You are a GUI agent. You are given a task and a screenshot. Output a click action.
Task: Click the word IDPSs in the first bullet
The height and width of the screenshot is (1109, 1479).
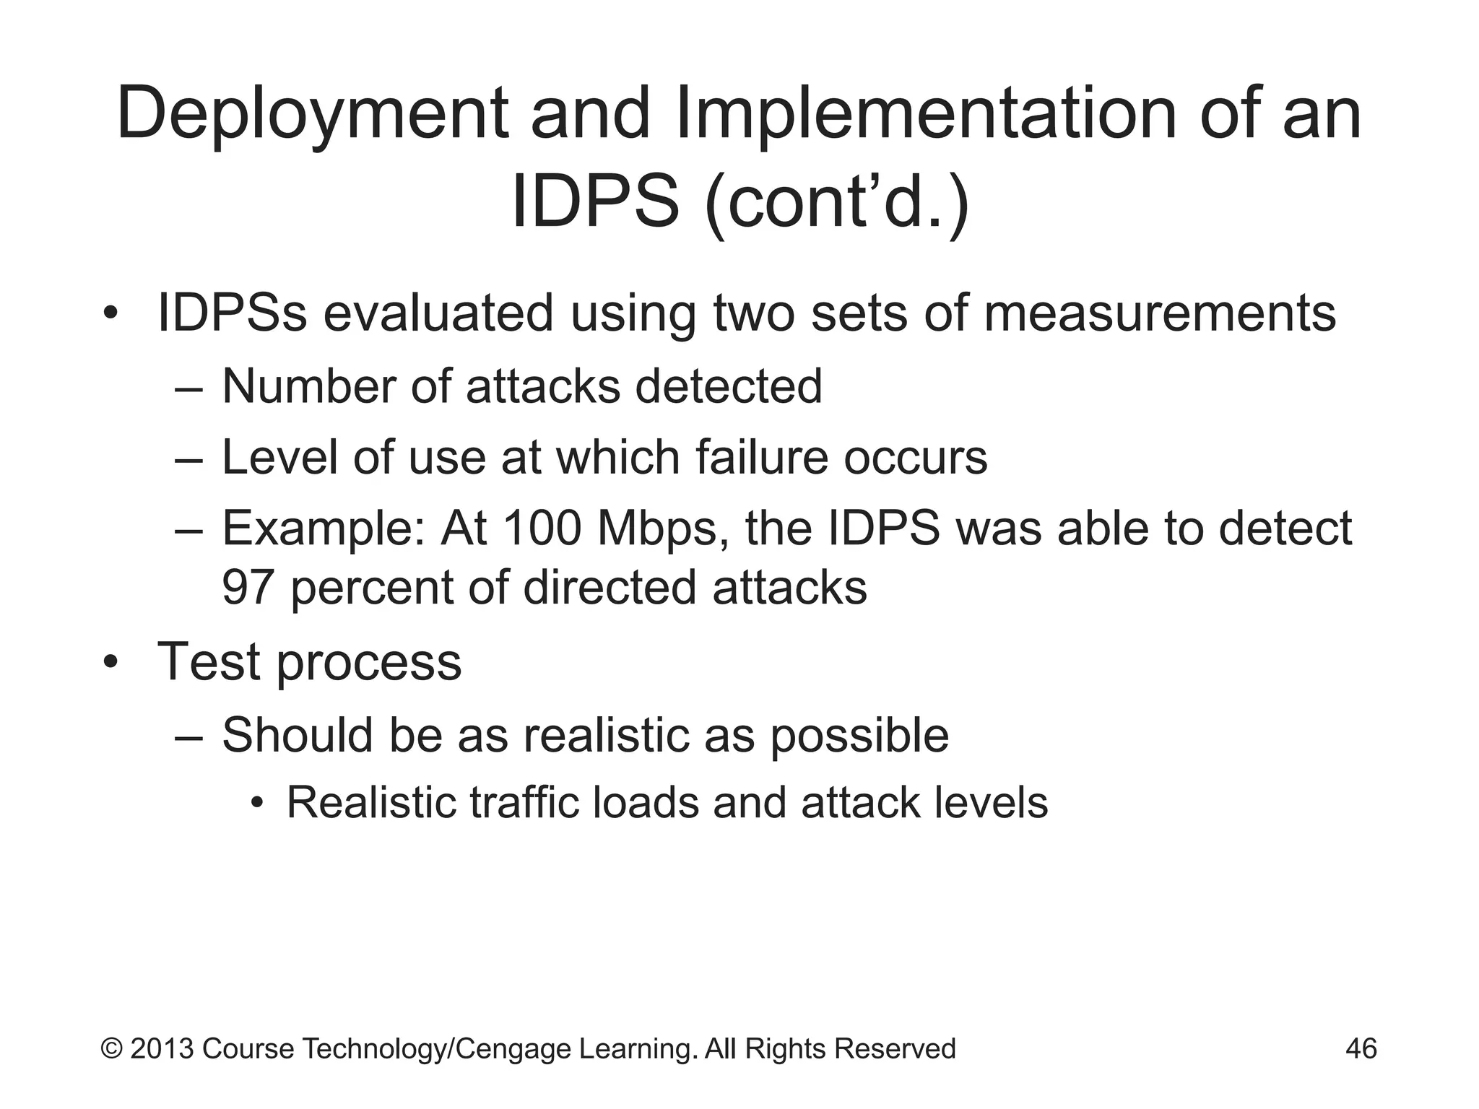coord(232,313)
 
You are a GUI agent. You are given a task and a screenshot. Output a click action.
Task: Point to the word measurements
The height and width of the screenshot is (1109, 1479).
coord(1159,313)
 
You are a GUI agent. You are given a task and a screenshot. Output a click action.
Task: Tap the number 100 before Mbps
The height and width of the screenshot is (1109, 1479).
coord(542,529)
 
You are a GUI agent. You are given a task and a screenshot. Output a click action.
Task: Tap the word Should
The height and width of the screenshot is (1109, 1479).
coord(296,735)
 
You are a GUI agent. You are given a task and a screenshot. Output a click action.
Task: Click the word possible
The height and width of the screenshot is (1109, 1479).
coord(859,736)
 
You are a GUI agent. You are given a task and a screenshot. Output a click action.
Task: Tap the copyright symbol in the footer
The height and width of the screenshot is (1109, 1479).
coord(111,1048)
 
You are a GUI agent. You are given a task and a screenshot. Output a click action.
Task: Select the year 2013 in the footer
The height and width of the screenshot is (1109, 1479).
coord(162,1048)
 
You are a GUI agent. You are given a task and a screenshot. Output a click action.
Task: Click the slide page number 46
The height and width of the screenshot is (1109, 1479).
coord(1361,1048)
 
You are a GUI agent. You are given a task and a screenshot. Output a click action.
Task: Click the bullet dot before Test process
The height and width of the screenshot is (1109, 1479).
coord(109,662)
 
